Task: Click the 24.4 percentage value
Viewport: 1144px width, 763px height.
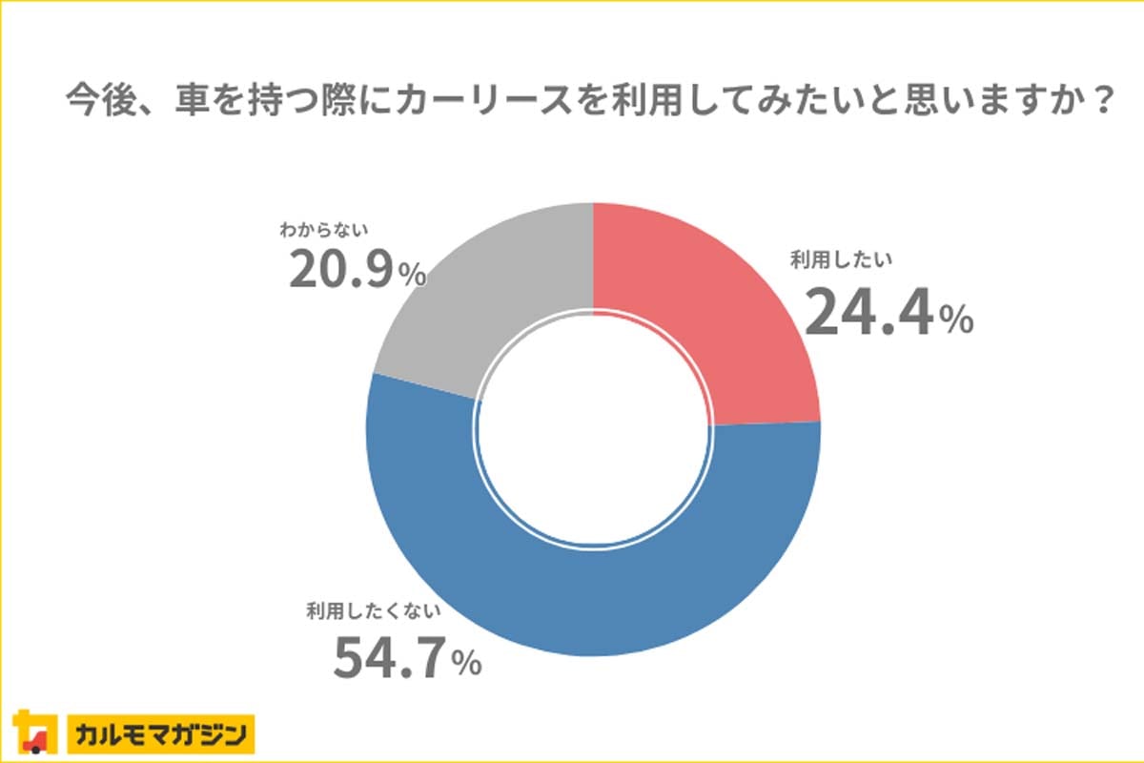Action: pyautogui.click(x=868, y=314)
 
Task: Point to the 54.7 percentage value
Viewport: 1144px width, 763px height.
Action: pyautogui.click(x=391, y=657)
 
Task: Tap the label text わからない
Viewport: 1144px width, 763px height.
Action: pyautogui.click(x=324, y=229)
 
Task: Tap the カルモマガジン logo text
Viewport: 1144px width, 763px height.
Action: pyautogui.click(x=159, y=734)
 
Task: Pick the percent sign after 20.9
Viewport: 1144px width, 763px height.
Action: pyautogui.click(x=412, y=277)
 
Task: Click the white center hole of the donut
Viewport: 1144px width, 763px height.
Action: pyautogui.click(x=593, y=429)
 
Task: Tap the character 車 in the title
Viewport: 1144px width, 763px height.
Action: pyautogui.click(x=194, y=100)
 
